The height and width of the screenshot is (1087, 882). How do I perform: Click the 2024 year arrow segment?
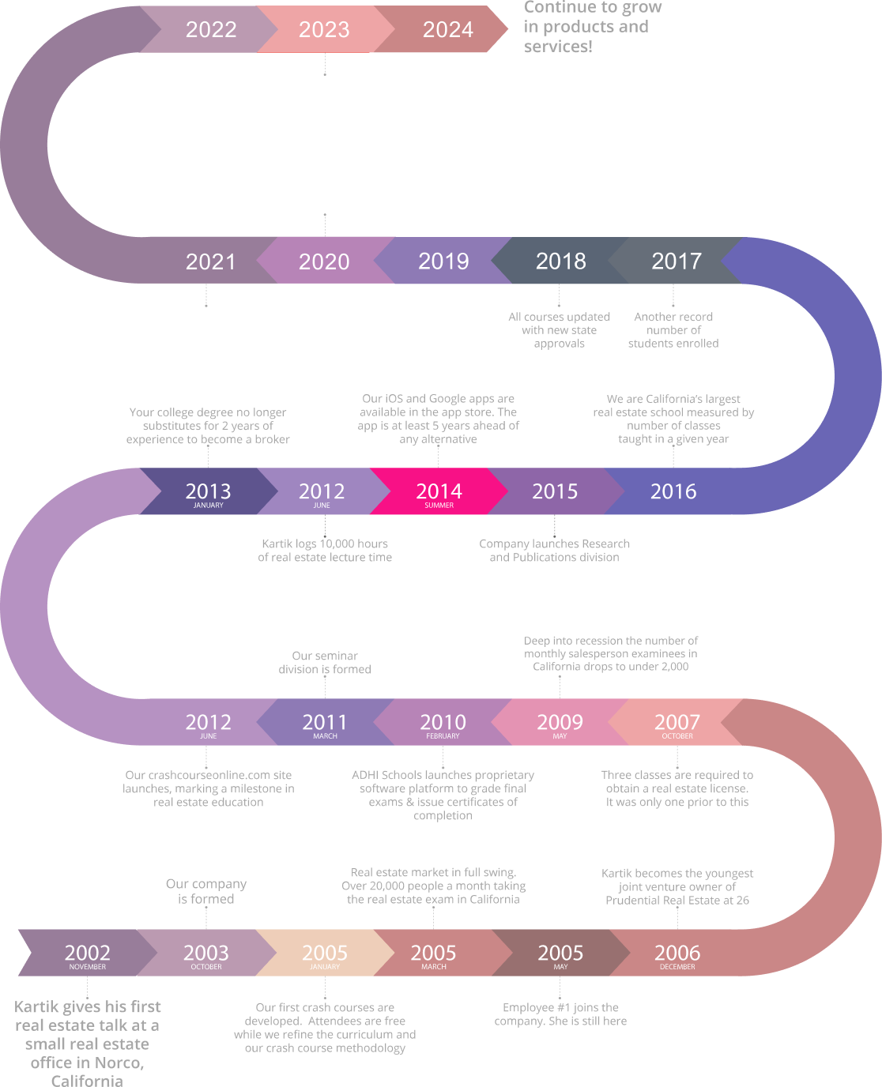(x=447, y=30)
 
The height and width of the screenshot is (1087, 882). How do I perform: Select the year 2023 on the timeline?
(x=324, y=30)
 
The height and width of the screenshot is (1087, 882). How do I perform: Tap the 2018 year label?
(x=560, y=261)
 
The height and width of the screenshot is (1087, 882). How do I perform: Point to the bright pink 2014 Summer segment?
(x=439, y=492)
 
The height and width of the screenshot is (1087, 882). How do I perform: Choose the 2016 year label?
(x=673, y=491)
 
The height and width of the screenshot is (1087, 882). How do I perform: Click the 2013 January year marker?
(x=208, y=492)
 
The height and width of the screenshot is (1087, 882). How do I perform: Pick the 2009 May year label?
(x=560, y=723)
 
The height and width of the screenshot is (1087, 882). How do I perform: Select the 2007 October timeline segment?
(x=677, y=723)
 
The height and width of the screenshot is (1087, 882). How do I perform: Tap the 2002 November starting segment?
(x=87, y=953)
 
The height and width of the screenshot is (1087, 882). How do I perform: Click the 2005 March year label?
(x=433, y=953)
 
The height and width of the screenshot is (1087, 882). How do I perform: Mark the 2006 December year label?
(x=677, y=953)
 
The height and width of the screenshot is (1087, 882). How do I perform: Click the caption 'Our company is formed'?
(x=205, y=891)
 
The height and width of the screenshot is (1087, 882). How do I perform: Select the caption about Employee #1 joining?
(x=560, y=1014)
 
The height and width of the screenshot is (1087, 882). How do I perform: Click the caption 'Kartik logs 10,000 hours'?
(x=325, y=551)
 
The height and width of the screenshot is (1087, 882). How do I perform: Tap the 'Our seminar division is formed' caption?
(x=325, y=662)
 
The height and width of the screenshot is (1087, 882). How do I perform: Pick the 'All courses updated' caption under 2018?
(x=560, y=330)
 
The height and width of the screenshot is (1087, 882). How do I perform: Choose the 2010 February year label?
(x=443, y=723)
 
